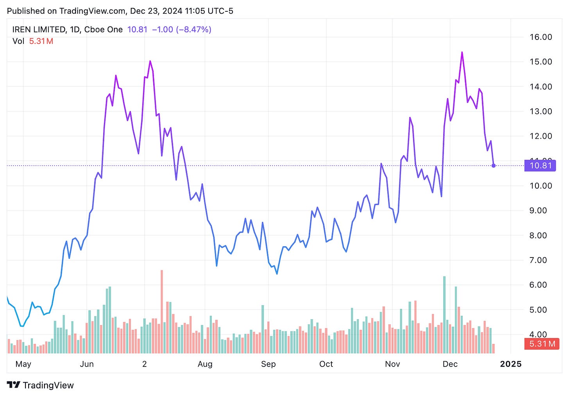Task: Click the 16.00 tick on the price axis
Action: point(540,37)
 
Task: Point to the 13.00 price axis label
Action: point(540,111)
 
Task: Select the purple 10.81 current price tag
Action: point(540,166)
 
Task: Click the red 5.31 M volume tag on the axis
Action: point(542,344)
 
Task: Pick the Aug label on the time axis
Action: point(205,364)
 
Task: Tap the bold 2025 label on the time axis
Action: point(510,364)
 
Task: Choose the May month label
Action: point(23,364)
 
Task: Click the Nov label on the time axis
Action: point(392,364)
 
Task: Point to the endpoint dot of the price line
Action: point(494,166)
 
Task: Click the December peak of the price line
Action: point(462,52)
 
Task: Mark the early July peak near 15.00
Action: point(150,61)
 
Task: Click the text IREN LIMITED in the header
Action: point(39,29)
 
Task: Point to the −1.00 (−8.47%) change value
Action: point(181,29)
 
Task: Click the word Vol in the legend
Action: point(18,41)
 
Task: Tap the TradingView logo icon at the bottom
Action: point(13,385)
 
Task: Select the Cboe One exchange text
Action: point(103,29)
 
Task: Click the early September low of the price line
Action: point(277,274)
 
